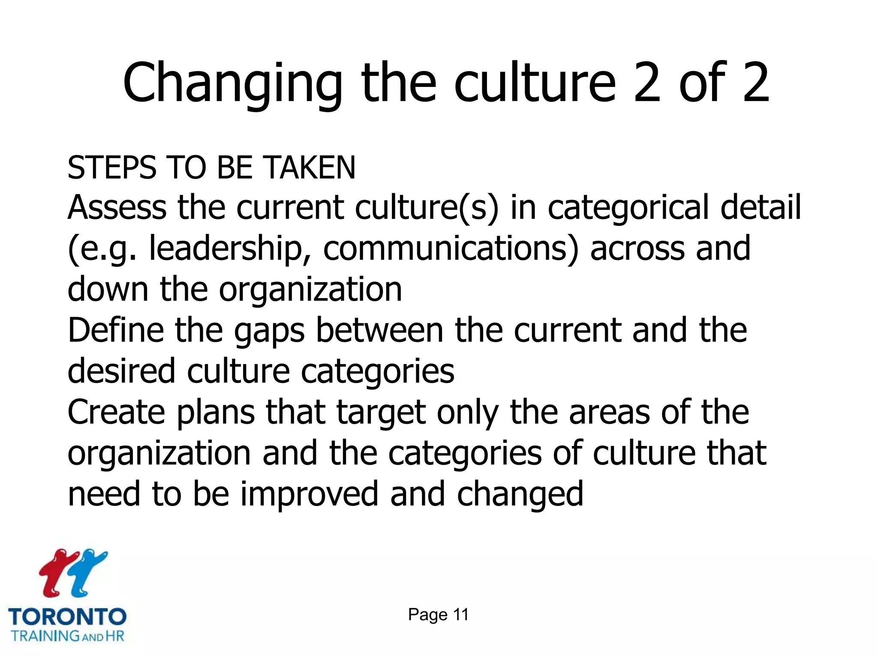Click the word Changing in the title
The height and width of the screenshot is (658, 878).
(x=232, y=84)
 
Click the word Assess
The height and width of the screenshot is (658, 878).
(x=117, y=207)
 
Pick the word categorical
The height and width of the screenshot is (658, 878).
(x=628, y=208)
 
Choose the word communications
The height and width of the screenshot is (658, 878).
(x=450, y=248)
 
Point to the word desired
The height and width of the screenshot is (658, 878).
(x=121, y=371)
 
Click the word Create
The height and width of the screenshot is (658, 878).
(x=116, y=412)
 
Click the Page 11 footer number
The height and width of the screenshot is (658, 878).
(x=438, y=615)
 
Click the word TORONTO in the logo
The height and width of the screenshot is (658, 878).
(x=67, y=617)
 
